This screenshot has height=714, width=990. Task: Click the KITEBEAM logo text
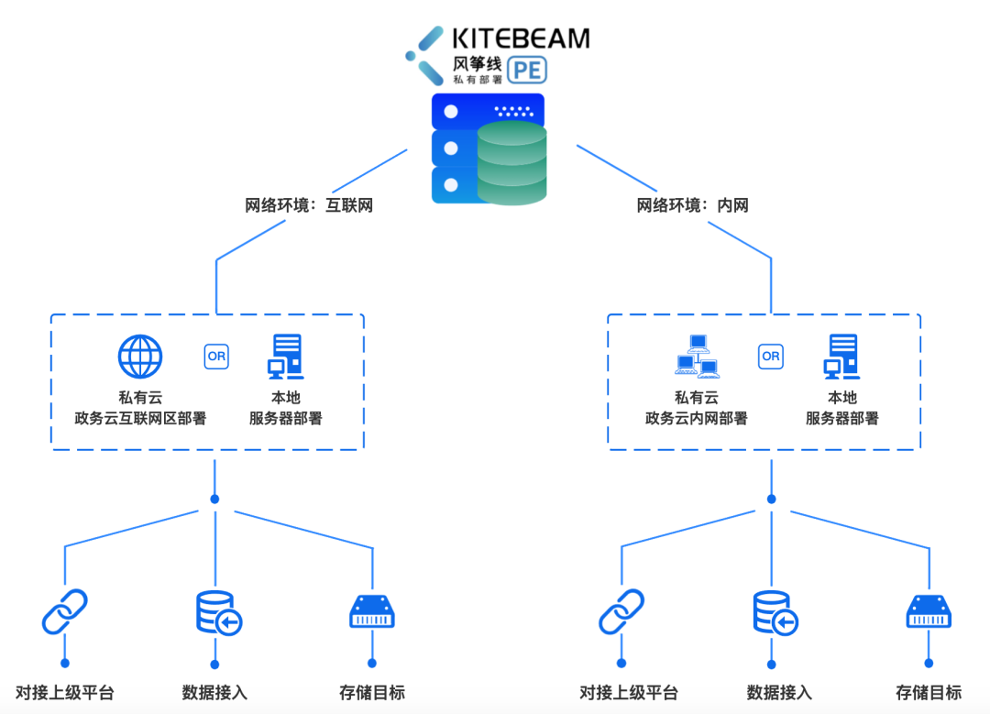tap(521, 38)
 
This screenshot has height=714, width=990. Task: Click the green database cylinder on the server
tap(511, 163)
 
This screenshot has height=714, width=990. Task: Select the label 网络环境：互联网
tap(309, 205)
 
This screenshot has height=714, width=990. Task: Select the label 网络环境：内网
tap(693, 205)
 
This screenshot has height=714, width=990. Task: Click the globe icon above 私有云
tap(140, 357)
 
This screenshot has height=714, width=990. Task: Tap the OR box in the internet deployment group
tap(216, 357)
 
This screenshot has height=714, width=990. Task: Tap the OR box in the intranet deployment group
tap(771, 356)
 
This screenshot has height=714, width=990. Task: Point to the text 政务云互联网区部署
tap(140, 419)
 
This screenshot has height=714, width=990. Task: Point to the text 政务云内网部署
tap(697, 419)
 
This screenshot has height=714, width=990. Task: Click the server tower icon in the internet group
tap(286, 357)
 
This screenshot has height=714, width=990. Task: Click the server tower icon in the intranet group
tap(842, 357)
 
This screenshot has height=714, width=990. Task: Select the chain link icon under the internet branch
tap(64, 612)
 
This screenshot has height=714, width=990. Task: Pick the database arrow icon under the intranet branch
tap(775, 613)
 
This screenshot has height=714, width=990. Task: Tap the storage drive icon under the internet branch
tap(372, 612)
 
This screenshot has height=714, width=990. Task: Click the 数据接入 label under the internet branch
tap(214, 693)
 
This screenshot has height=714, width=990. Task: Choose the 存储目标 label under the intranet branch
tap(929, 693)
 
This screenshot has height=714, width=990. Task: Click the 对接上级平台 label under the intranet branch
tap(628, 693)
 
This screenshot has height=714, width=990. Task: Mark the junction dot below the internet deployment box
tap(214, 500)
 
